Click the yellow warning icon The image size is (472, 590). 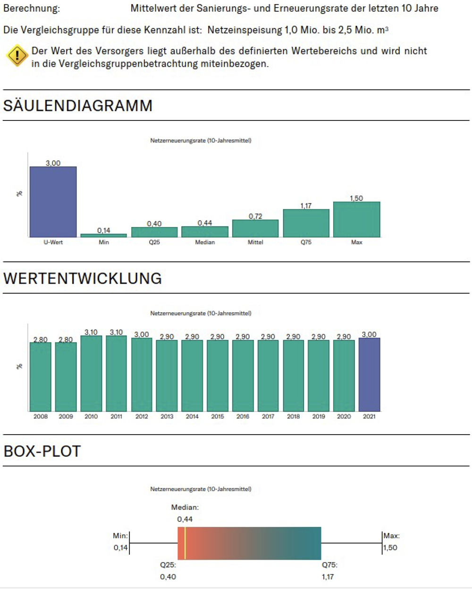coord(17,56)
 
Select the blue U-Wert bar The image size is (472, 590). coord(53,202)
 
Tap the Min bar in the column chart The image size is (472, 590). coord(103,235)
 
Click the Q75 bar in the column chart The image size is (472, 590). coord(306,223)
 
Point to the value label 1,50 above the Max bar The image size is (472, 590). coord(356,198)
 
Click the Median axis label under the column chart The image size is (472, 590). coord(205,242)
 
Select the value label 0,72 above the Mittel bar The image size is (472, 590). coord(255,216)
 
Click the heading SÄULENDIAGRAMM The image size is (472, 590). coord(78,105)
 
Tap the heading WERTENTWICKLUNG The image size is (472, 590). coord(83,278)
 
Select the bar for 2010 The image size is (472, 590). coord(91,373)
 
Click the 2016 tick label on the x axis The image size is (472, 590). coord(243,417)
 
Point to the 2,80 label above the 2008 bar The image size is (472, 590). coord(41,340)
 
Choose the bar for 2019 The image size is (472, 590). coord(319,376)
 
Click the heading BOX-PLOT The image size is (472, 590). coord(42,451)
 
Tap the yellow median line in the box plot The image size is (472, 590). coord(185,543)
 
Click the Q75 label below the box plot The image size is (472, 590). coord(329,565)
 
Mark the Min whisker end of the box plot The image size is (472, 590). coord(129,543)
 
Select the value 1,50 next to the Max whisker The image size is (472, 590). coord(390,548)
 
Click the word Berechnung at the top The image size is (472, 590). coord(32,9)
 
